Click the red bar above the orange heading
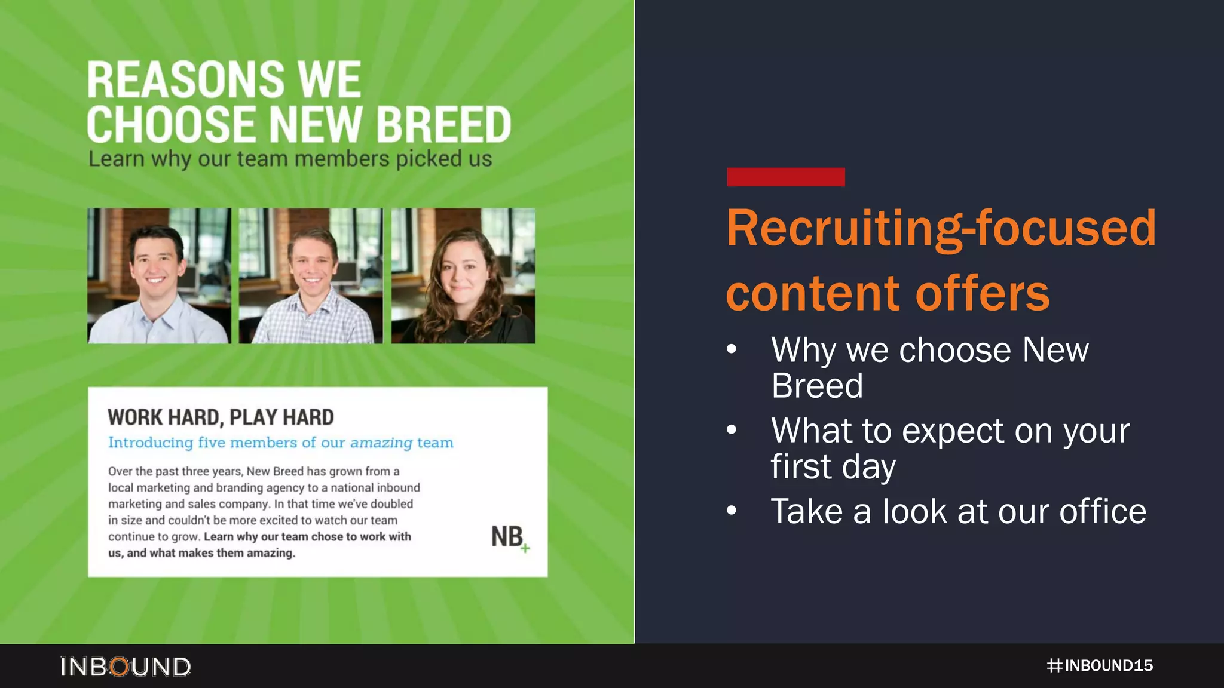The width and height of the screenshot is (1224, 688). tap(785, 177)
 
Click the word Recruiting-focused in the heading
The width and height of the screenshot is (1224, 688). tap(941, 229)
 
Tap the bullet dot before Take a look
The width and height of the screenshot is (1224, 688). tap(732, 511)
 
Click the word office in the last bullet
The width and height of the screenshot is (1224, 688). tap(1102, 512)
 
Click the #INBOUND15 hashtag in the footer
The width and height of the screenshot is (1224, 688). tap(1100, 665)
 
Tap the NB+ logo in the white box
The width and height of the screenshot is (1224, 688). tap(509, 537)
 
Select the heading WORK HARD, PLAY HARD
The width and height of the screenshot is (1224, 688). tap(221, 417)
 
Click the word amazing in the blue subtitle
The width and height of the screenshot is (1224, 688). tap(381, 443)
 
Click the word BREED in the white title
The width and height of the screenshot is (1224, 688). tap(443, 125)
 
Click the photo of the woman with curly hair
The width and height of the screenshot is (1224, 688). tap(463, 276)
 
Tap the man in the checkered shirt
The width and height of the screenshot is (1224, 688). tap(311, 276)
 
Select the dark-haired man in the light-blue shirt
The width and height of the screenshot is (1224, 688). tap(158, 276)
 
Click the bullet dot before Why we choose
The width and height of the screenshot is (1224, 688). tap(732, 349)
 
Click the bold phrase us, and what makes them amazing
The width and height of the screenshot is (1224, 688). tap(201, 553)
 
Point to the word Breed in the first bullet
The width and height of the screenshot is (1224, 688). tap(816, 386)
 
